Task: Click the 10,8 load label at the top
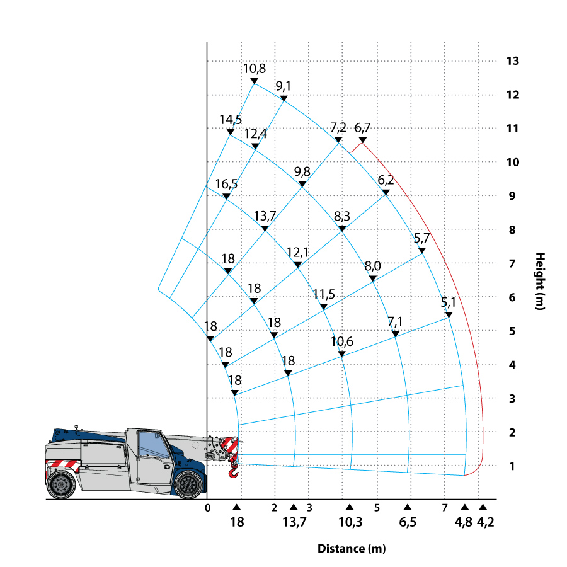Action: [x=255, y=68]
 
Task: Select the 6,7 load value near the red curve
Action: [x=362, y=128]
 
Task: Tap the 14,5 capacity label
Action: [x=231, y=120]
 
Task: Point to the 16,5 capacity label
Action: [x=226, y=184]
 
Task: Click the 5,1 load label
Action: [x=449, y=302]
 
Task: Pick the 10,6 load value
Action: [x=342, y=341]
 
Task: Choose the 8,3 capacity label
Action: [x=342, y=216]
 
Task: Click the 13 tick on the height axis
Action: [x=512, y=61]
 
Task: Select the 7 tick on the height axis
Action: [x=512, y=263]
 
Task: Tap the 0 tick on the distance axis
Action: [x=208, y=507]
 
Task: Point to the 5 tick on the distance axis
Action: [x=377, y=507]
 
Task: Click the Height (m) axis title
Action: [x=540, y=281]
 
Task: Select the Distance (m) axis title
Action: [x=351, y=548]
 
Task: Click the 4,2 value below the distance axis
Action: [x=484, y=522]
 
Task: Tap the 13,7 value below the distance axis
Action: [x=294, y=522]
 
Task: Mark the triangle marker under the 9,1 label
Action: [x=283, y=98]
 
